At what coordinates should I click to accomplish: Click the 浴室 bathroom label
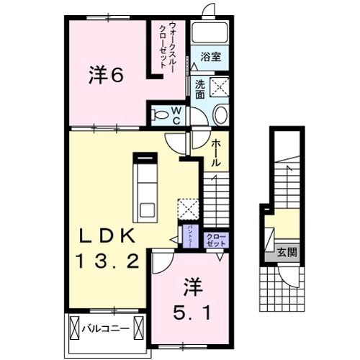(x=210, y=55)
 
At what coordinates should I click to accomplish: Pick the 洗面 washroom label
(x=199, y=88)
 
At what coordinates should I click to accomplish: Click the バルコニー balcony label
(x=109, y=327)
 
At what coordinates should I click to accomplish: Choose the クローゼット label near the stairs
(x=215, y=240)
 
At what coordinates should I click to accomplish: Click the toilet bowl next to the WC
(x=221, y=115)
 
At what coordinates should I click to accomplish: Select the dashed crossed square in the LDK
(x=189, y=209)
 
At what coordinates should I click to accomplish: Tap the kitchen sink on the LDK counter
(x=147, y=211)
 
